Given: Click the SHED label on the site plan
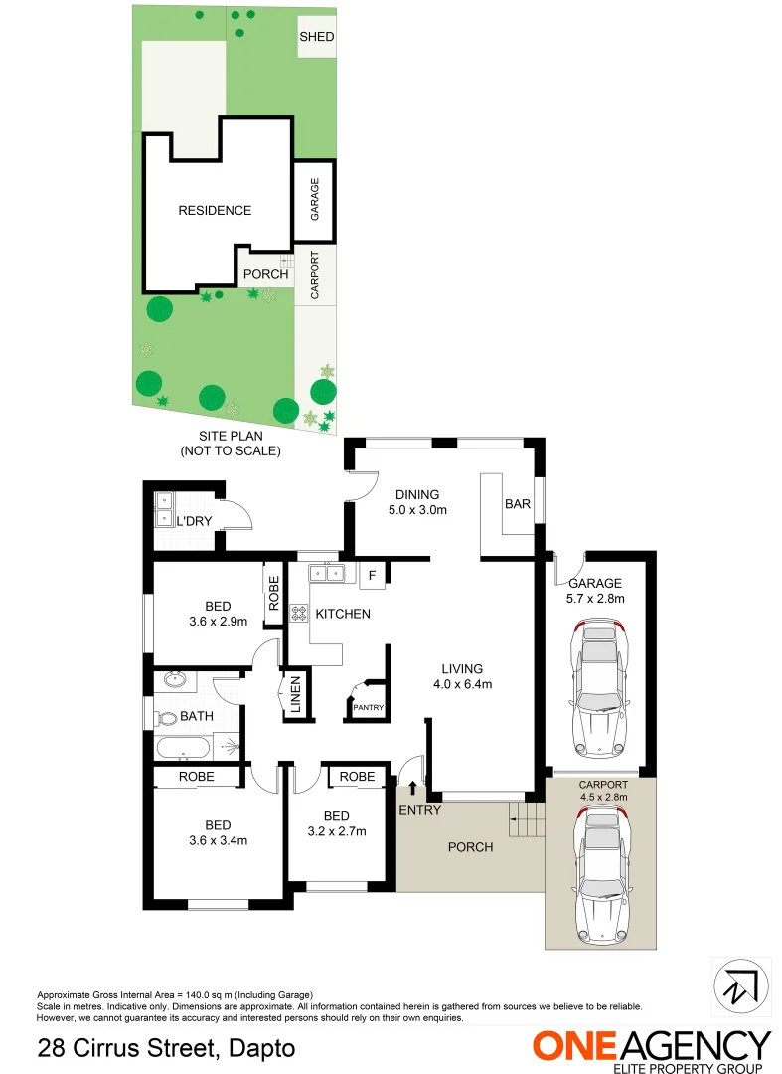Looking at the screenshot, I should (317, 37).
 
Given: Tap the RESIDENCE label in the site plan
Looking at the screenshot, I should (215, 210).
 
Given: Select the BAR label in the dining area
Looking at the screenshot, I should (517, 504).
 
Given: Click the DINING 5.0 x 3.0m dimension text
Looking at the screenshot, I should (417, 511).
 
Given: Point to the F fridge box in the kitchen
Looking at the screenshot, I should (372, 575).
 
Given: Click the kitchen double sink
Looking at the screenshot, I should (326, 573).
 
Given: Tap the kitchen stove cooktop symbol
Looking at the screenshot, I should (298, 615).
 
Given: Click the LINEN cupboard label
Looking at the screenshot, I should (295, 695).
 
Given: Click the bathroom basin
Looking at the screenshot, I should (175, 681).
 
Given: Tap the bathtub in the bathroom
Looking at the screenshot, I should (185, 748).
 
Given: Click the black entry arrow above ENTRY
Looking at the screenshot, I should (413, 789).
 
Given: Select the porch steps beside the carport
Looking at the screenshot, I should (529, 820).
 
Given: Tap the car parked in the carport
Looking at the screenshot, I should (600, 875).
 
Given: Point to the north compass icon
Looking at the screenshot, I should (741, 985).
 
